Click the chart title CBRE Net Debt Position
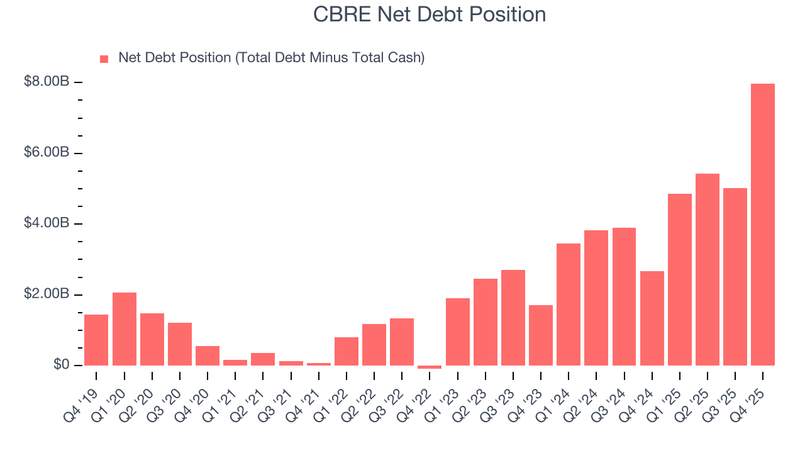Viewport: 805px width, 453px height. pyautogui.click(x=430, y=14)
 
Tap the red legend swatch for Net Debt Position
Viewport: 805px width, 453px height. pyautogui.click(x=104, y=59)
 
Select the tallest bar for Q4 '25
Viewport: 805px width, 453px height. pyautogui.click(x=763, y=225)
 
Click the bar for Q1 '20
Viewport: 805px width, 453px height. pyautogui.click(x=124, y=329)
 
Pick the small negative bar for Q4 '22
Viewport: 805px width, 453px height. pyautogui.click(x=430, y=367)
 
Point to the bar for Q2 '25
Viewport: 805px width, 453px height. pyautogui.click(x=708, y=269)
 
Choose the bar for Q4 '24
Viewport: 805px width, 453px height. pyautogui.click(x=652, y=318)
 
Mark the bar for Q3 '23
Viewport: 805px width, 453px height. pyautogui.click(x=513, y=318)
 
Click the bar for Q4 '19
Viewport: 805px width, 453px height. pyautogui.click(x=96, y=340)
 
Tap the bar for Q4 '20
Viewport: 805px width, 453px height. pyautogui.click(x=208, y=355)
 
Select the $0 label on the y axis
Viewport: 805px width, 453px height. pyautogui.click(x=61, y=365)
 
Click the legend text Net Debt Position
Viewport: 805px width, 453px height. pyautogui.click(x=272, y=58)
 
